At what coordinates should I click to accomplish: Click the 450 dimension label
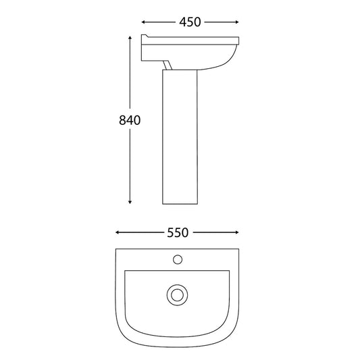[190, 22]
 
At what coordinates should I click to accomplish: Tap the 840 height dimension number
[130, 120]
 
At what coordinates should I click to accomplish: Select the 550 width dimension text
[178, 233]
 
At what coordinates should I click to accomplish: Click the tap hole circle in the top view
[178, 259]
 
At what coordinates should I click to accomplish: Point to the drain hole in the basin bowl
[177, 295]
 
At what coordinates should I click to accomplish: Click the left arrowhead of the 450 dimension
[143, 22]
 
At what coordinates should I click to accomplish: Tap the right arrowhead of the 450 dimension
[237, 22]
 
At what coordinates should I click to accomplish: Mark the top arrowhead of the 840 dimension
[130, 38]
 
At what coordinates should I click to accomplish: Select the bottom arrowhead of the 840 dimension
[130, 202]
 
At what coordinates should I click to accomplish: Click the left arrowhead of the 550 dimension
[117, 232]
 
